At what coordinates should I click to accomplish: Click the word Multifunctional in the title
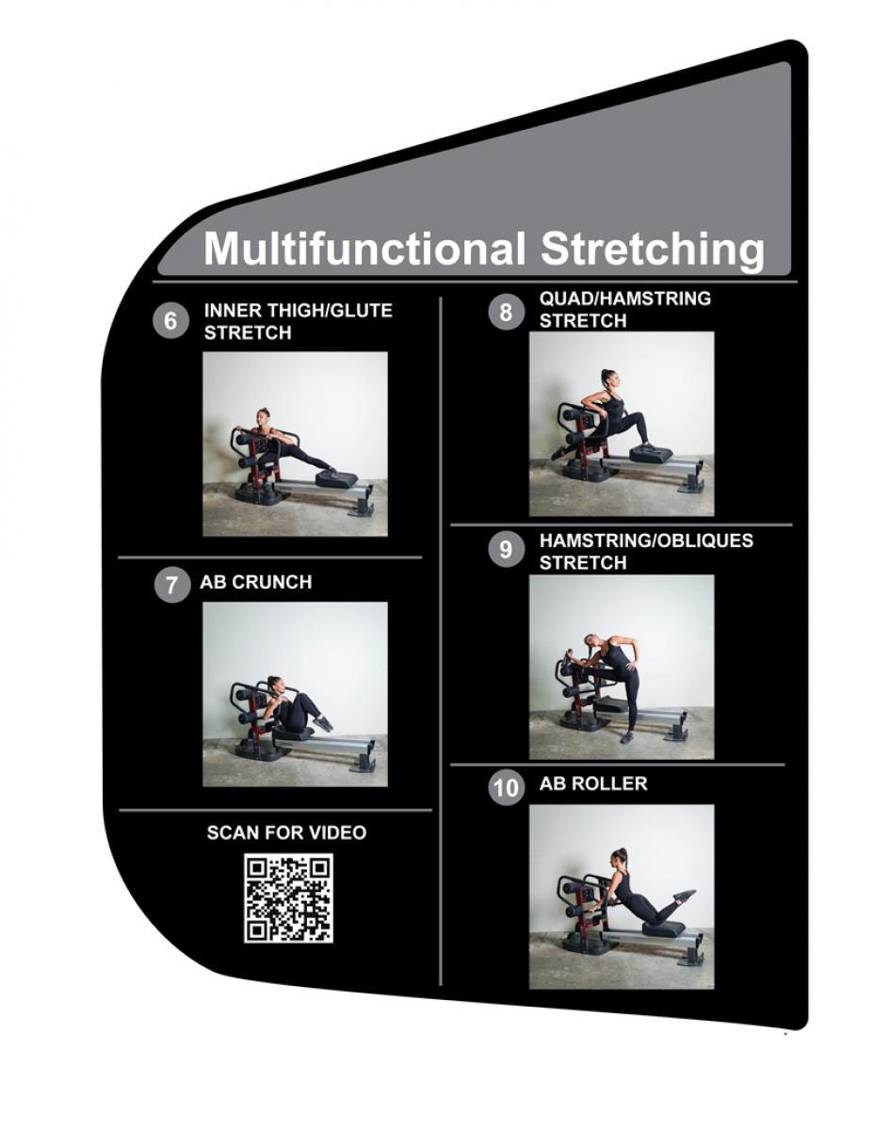coord(364,249)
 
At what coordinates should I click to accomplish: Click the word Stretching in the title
coord(652,250)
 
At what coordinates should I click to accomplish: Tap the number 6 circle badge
coord(170,321)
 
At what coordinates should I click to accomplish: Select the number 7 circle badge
coord(170,584)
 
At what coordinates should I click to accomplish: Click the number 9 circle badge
coord(506,550)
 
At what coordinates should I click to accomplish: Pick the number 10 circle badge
coord(506,787)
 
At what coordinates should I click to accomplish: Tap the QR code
coord(288,897)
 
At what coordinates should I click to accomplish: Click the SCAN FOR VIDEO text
coord(286,832)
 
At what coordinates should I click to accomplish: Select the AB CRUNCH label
coord(255,582)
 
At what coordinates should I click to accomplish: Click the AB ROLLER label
coord(593,783)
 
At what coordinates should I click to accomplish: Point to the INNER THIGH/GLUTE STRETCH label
coord(298,321)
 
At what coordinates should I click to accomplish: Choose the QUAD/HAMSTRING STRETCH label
coord(624,310)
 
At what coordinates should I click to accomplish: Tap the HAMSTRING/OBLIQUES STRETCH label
coord(645,552)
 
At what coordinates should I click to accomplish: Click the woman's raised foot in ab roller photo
coord(687,894)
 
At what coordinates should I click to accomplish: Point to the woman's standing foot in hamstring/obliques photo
coord(626,736)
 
